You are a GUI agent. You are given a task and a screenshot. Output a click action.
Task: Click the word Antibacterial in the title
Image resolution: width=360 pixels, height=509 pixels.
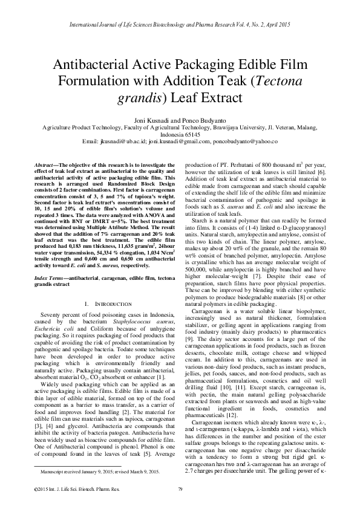pyautogui.click(x=98, y=65)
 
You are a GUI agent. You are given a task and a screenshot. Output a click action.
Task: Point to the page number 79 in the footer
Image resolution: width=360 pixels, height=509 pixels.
pyautogui.click(x=180, y=488)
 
